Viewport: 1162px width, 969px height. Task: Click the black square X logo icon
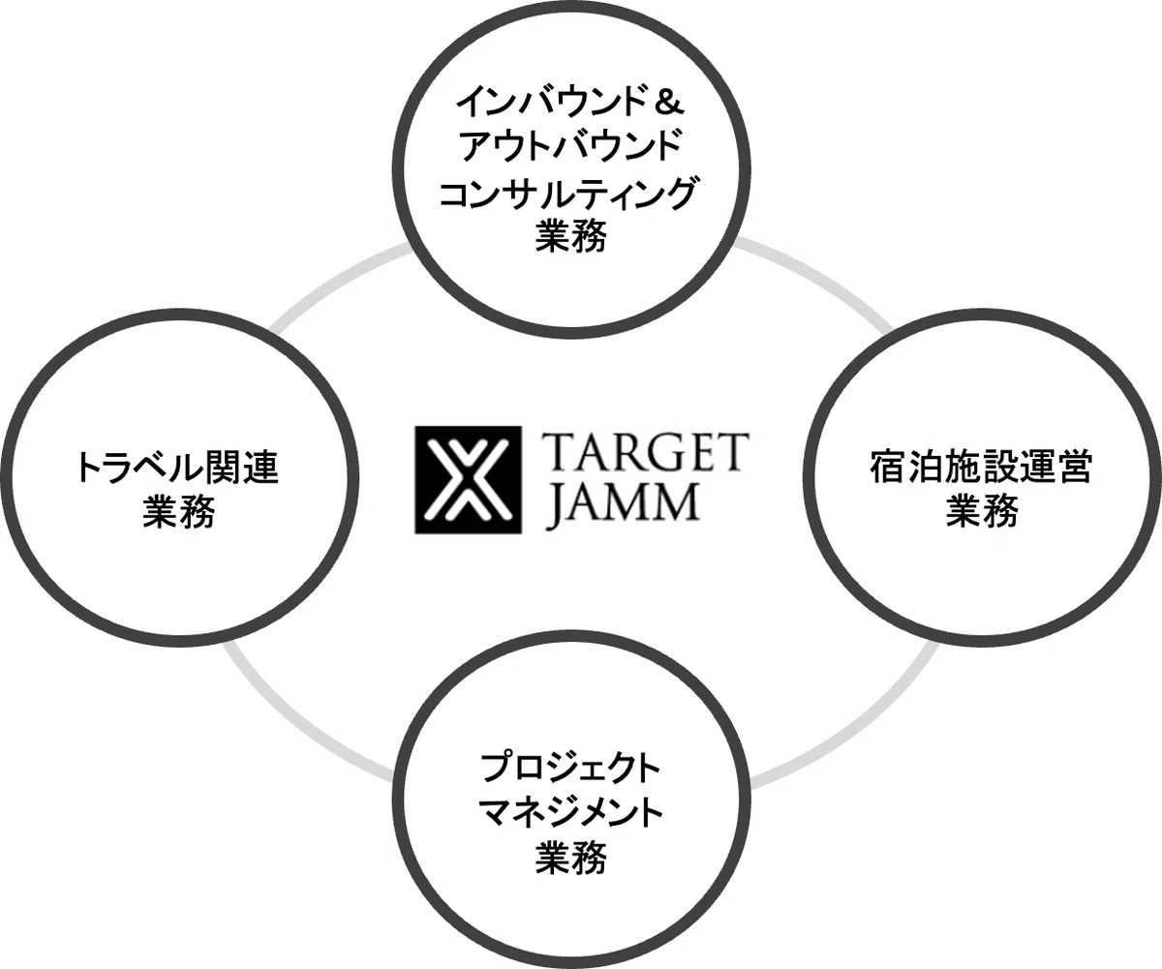[x=468, y=479]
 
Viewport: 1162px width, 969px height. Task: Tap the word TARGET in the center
[x=645, y=452]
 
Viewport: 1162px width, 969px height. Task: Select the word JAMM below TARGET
[x=622, y=504]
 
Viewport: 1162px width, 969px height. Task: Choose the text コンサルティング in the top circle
[x=568, y=193]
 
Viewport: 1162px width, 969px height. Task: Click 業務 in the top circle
[x=570, y=237]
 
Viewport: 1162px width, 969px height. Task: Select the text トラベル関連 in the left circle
[x=177, y=469]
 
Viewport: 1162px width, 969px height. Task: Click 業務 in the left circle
[x=178, y=512]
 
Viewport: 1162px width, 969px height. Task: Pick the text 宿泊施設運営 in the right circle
[x=981, y=469]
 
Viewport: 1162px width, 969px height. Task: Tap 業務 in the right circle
[x=982, y=512]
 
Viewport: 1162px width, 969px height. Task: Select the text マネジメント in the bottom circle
[x=570, y=813]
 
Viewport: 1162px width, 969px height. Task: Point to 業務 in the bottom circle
[x=570, y=858]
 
